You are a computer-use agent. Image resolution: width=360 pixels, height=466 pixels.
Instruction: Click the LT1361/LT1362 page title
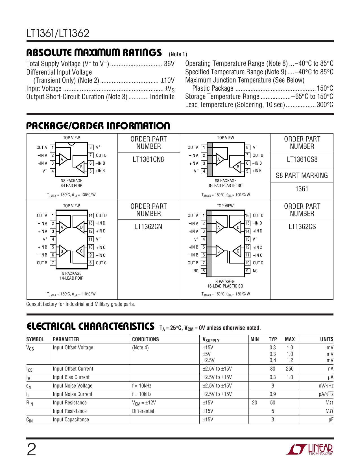click(x=58, y=34)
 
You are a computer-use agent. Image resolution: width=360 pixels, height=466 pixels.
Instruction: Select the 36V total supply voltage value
click(x=169, y=64)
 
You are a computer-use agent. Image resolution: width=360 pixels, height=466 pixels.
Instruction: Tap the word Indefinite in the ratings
click(x=162, y=97)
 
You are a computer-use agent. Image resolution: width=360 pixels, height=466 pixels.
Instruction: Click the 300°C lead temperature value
click(x=325, y=105)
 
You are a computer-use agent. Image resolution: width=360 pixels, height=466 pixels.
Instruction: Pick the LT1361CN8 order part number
click(x=148, y=160)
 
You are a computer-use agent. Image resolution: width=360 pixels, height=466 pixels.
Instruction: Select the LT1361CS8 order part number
click(x=302, y=160)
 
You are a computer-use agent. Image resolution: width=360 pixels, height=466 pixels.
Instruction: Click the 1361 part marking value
click(x=302, y=189)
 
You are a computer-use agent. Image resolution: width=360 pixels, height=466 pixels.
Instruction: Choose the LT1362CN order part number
click(x=148, y=227)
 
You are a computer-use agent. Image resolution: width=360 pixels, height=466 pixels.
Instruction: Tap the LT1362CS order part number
click(x=302, y=227)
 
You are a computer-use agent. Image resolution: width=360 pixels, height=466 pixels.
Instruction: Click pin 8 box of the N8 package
click(x=91, y=147)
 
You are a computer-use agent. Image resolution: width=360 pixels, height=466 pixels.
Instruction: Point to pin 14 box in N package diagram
click(x=91, y=215)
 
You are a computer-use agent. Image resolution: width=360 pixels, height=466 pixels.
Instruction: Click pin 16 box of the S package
click(x=247, y=215)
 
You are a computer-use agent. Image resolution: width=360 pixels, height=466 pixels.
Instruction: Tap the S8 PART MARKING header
click(x=302, y=176)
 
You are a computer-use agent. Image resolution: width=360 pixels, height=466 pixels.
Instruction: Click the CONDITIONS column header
click(x=145, y=339)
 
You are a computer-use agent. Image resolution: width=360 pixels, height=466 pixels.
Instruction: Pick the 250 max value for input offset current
click(x=289, y=369)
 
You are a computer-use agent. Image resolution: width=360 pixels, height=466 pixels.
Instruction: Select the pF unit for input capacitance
click(x=331, y=420)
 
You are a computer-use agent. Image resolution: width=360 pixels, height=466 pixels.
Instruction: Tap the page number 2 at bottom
click(x=31, y=450)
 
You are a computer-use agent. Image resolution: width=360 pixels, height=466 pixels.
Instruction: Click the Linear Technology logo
click(x=310, y=449)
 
